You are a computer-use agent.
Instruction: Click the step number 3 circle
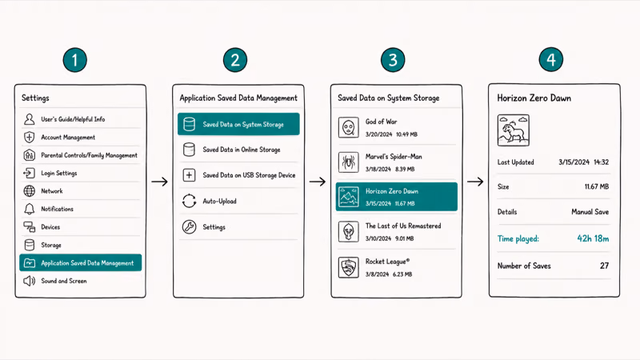pos(393,60)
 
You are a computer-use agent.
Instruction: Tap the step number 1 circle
pos(74,60)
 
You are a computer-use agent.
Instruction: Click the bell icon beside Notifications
pos(29,209)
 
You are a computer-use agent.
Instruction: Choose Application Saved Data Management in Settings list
pos(81,263)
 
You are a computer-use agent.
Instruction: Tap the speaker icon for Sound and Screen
pos(29,281)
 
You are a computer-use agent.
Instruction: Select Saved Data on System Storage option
pos(238,124)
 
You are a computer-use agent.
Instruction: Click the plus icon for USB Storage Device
pos(189,175)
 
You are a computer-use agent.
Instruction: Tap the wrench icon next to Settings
pos(189,227)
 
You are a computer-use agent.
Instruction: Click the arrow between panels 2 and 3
pos(318,182)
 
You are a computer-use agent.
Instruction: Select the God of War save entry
pos(396,127)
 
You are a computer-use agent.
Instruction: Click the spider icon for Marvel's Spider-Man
pos(349,162)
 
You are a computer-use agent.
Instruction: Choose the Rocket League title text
pos(387,262)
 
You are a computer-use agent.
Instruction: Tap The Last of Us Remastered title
pos(403,226)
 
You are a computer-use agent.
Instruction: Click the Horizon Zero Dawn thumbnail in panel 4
pos(513,130)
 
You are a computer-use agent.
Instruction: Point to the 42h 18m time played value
pos(593,238)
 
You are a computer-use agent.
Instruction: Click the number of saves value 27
pos(604,266)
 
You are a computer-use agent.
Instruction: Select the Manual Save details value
pos(590,212)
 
